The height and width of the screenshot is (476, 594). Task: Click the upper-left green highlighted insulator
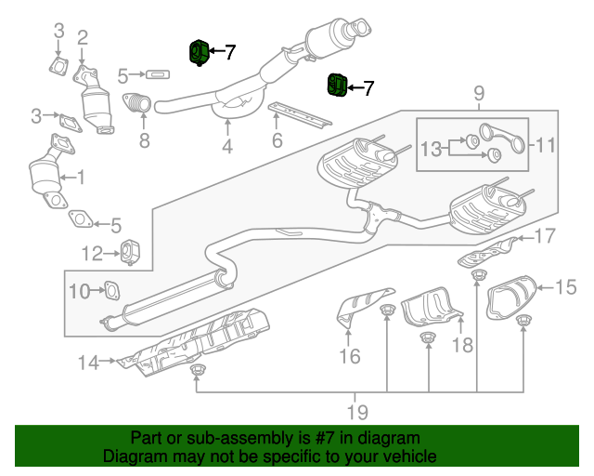199,53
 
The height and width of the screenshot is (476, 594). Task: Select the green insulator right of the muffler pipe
337,86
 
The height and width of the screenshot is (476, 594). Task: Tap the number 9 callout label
479,93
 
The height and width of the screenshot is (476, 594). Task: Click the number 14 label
87,364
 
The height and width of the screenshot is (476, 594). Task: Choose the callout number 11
545,145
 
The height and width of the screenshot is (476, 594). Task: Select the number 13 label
432,149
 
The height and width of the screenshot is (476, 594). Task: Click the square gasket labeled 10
110,292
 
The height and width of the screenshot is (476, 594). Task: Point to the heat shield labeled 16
359,308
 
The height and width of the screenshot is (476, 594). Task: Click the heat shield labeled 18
430,307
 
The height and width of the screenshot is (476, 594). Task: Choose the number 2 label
83,38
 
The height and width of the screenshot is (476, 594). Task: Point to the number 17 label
545,236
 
